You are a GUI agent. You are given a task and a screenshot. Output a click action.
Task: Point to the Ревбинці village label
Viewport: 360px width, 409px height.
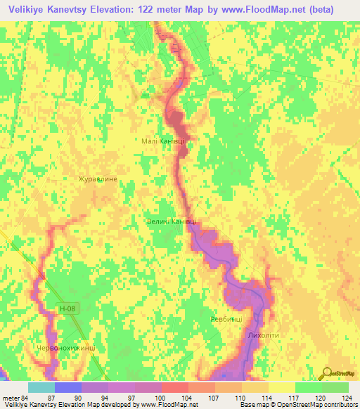(x=226, y=319)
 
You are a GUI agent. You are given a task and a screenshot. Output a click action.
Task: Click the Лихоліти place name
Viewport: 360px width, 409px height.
(x=264, y=335)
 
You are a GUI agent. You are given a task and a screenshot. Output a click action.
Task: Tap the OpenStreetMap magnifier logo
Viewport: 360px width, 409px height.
(x=327, y=372)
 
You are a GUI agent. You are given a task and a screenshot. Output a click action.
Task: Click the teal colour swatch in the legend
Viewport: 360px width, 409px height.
(x=41, y=387)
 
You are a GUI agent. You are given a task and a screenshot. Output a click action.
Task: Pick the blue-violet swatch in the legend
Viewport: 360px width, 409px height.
(x=68, y=387)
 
